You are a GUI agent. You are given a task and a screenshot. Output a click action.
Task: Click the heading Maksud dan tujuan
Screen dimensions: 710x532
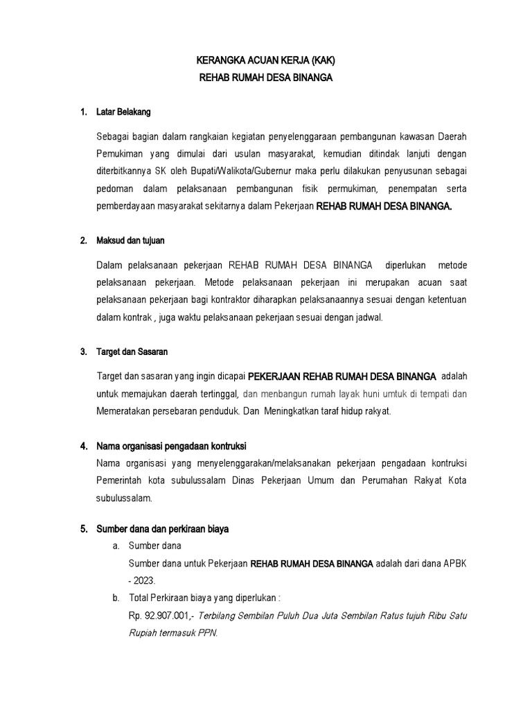point(131,241)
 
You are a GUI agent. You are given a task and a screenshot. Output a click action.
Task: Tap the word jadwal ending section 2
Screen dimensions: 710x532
point(366,317)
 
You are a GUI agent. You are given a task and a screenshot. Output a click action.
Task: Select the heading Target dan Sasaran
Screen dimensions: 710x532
point(132,352)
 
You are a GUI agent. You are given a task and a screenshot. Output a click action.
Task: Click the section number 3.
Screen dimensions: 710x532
point(82,352)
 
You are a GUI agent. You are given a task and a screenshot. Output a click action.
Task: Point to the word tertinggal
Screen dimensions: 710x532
point(217,395)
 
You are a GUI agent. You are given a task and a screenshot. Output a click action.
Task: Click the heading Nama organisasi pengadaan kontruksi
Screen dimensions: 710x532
point(172,445)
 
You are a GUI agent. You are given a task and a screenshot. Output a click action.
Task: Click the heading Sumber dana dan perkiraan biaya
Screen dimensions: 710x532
point(163,529)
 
